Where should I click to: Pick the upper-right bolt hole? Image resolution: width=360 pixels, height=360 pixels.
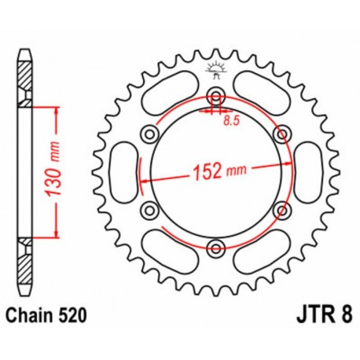point(281,134)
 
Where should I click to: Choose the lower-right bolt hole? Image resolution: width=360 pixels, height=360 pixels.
point(281,210)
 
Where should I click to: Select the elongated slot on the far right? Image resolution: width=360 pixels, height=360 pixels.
point(307,172)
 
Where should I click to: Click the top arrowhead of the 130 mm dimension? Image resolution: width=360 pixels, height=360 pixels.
point(55,109)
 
